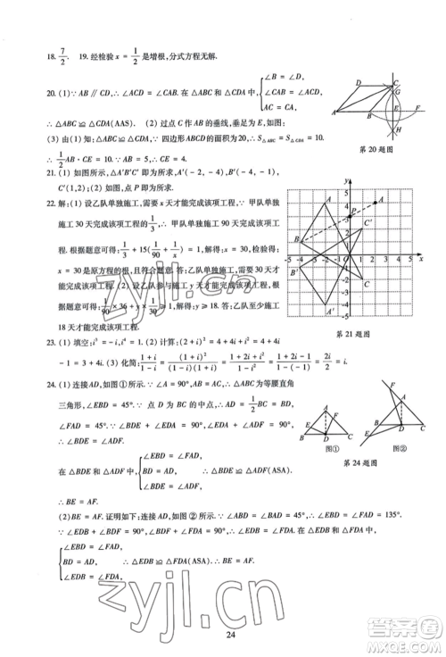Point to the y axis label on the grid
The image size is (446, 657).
(x=344, y=181)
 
